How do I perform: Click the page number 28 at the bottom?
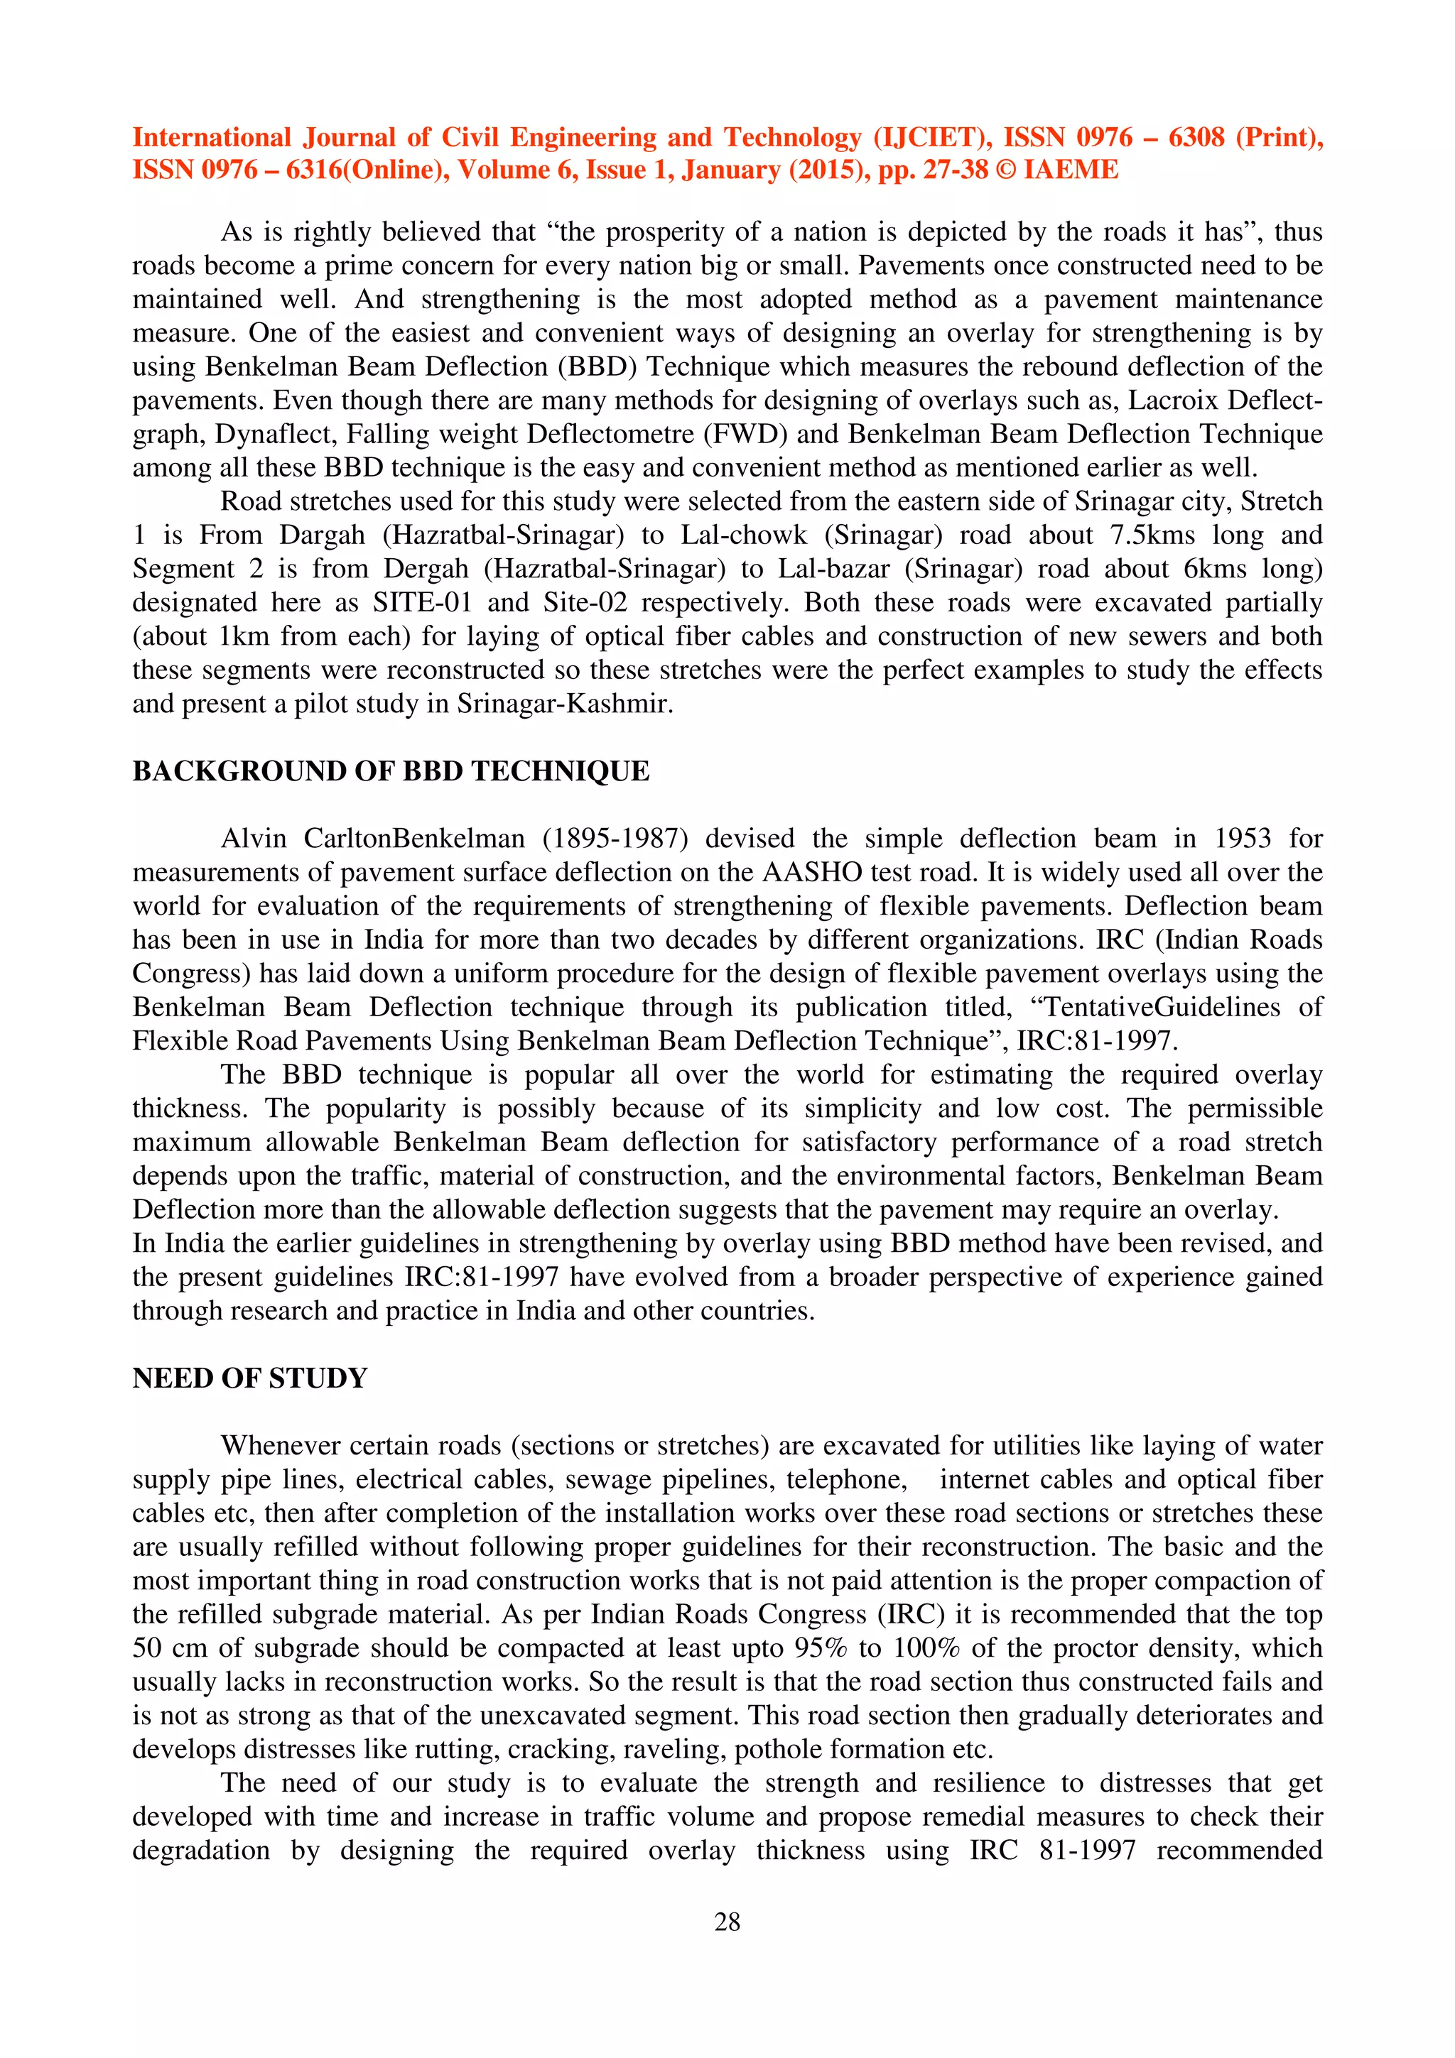point(727,1921)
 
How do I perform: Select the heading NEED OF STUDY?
point(250,1378)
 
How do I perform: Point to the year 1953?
point(1243,839)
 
